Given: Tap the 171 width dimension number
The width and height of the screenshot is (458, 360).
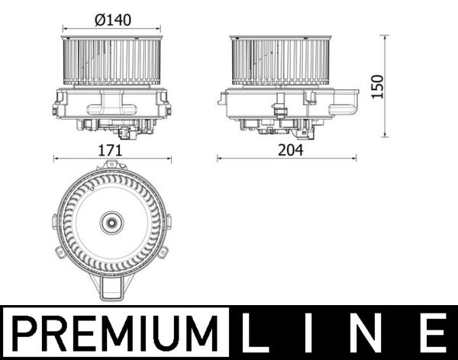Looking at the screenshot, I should click(x=111, y=150).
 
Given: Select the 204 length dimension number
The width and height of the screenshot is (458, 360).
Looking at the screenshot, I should click(x=289, y=150).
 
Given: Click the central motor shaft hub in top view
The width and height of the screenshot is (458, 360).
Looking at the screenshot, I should click(x=111, y=223).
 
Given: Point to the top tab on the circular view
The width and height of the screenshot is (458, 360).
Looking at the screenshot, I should click(x=111, y=166).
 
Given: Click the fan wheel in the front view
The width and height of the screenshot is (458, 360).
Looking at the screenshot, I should click(x=111, y=61).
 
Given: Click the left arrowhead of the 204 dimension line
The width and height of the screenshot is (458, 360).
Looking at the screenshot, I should click(x=220, y=159).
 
